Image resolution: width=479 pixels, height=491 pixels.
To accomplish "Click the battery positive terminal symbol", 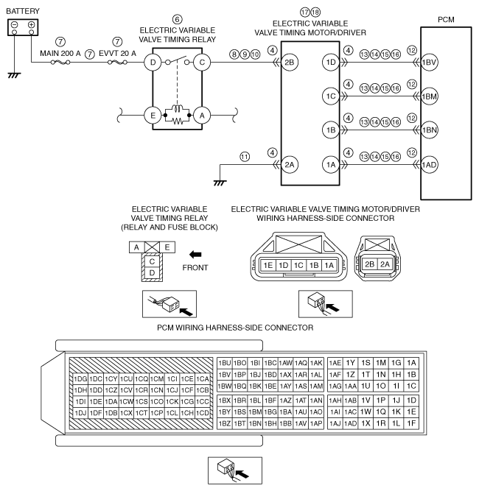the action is coord(31,24).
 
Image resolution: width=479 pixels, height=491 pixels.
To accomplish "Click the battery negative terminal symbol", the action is coord(15,24).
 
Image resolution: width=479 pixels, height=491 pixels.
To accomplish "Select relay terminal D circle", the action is coord(153,63).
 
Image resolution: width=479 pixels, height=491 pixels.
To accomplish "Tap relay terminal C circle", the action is coord(202,63).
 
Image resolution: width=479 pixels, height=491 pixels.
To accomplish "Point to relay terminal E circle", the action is coord(153,116).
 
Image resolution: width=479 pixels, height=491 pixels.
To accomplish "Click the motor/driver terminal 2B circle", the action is coord(289,63).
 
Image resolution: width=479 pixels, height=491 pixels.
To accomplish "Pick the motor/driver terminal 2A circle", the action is coord(289,165).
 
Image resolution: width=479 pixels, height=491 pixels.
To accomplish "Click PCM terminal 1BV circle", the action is coord(429,63).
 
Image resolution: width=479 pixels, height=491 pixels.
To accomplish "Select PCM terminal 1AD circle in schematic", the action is coord(429,165).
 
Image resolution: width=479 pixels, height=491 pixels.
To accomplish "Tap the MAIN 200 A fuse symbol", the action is coord(60,63).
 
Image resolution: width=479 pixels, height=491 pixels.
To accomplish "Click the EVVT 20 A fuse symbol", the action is coord(117,63).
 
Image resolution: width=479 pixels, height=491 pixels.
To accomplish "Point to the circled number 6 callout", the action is coord(177,19).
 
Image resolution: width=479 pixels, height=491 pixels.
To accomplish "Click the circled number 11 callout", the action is coord(245,157).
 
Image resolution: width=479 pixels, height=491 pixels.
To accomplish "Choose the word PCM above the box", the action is coord(446,20).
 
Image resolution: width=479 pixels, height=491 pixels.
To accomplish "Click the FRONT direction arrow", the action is coord(195,254).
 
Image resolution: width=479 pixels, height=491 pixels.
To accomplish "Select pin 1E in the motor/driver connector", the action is coord(268,266).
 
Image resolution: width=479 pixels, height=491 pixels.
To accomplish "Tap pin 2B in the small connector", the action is coord(370,264).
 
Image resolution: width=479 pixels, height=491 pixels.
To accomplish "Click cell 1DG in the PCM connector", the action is coord(80,379).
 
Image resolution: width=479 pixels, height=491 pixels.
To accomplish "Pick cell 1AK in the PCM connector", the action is coord(316,363).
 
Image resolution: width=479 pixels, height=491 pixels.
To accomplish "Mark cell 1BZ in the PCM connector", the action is coord(225,424).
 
